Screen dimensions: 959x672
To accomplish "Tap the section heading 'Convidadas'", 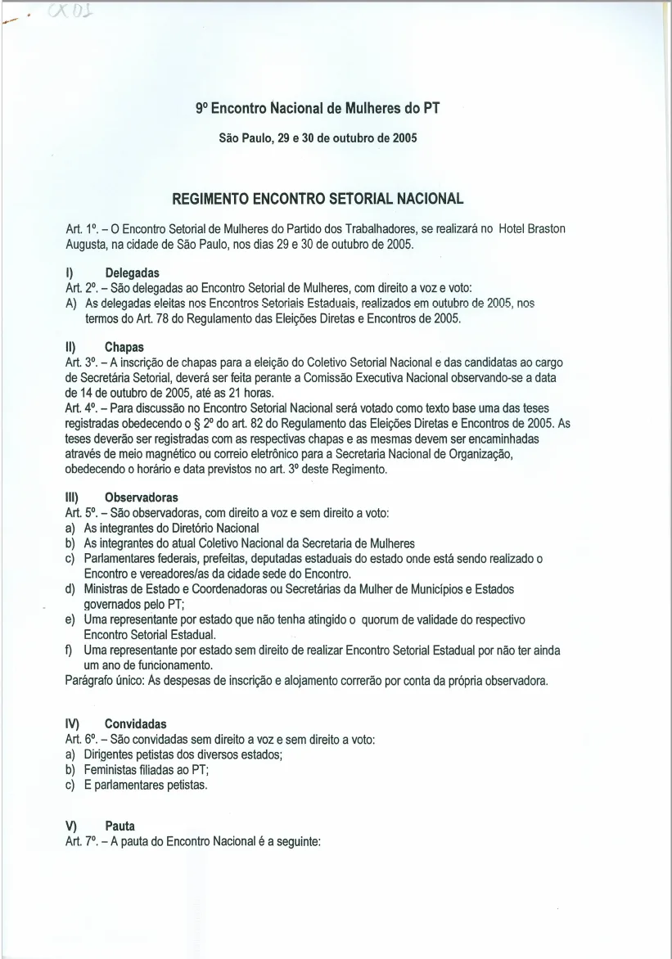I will (136, 724).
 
